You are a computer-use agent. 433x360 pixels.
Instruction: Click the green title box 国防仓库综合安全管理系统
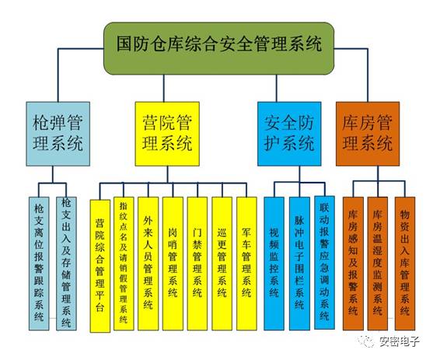pyautogui.click(x=218, y=48)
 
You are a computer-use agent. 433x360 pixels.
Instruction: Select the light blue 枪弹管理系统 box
pyautogui.click(x=58, y=134)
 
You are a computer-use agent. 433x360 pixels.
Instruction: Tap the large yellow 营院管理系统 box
pyautogui.click(x=167, y=134)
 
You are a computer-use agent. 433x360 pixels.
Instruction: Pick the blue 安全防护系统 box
pyautogui.click(x=289, y=134)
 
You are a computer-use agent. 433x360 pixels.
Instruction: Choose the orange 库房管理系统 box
pyautogui.click(x=368, y=134)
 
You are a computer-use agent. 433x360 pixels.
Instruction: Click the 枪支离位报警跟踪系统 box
pyautogui.click(x=39, y=264)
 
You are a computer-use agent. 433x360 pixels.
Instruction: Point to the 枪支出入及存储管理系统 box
pyautogui.click(x=66, y=264)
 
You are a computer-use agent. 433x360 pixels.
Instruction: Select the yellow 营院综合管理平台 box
pyautogui.click(x=100, y=265)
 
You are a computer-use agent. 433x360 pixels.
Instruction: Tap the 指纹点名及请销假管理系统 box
pyautogui.click(x=124, y=264)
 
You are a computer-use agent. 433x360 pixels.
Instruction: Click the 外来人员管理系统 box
pyautogui.click(x=148, y=264)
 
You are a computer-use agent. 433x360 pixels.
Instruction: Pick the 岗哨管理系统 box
pyautogui.click(x=173, y=264)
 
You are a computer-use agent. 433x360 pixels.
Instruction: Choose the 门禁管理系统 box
pyautogui.click(x=197, y=264)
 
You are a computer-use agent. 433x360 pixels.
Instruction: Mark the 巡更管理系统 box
pyautogui.click(x=222, y=264)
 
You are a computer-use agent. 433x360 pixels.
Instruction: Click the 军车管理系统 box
pyautogui.click(x=246, y=264)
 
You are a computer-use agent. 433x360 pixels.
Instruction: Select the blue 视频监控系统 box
pyautogui.click(x=274, y=264)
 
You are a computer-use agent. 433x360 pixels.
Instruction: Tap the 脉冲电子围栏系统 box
pyautogui.click(x=299, y=264)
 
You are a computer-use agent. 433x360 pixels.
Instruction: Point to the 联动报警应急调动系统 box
pyautogui.click(x=324, y=263)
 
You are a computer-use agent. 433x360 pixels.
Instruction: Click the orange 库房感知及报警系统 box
pyautogui.click(x=353, y=264)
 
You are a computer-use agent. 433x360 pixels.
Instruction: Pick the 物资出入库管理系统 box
pyautogui.click(x=405, y=264)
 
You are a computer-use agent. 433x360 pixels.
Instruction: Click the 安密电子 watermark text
pyautogui.click(x=399, y=341)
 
